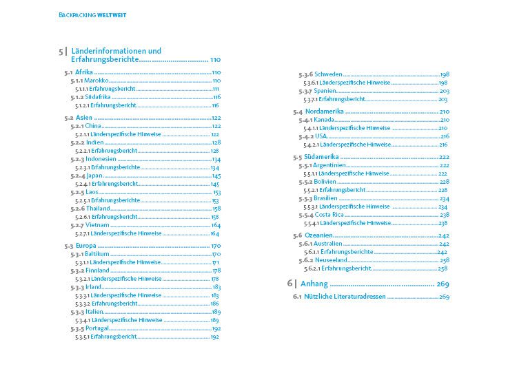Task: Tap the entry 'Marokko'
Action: tap(97, 81)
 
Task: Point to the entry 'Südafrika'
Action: tap(99, 97)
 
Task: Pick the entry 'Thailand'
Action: tap(99, 209)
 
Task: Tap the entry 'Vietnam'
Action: tap(98, 225)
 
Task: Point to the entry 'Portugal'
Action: tap(99, 329)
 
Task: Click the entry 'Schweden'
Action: tap(328, 74)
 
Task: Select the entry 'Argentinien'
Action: tap(334, 165)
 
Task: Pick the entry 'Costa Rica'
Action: tap(329, 215)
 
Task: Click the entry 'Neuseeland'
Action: tap(332, 260)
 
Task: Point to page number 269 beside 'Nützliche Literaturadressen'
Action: tap(444, 297)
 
